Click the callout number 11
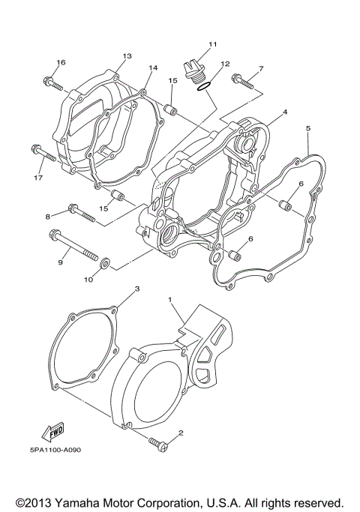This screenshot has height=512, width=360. tap(212, 45)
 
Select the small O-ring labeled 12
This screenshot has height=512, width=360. tap(203, 88)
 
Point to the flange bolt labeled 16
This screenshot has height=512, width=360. tap(52, 81)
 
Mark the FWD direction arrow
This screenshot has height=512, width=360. tap(52, 433)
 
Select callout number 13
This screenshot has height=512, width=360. tap(127, 56)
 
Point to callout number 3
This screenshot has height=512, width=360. tap(137, 288)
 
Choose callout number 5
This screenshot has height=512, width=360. tap(307, 129)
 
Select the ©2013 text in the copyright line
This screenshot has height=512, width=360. tap(34, 501)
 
